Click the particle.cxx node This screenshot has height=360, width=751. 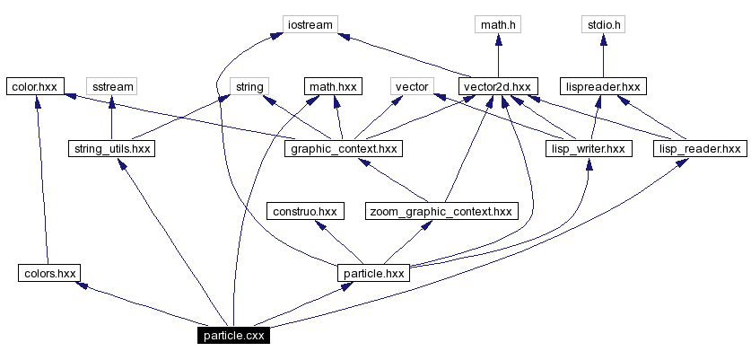coord(232,336)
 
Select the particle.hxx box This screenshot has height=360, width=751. coord(372,273)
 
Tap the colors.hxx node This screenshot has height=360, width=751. coord(48,273)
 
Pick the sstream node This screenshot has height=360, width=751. coord(111,86)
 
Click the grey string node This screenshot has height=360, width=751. coord(249,86)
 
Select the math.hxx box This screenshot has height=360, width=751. coord(332,86)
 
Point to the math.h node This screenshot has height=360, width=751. coord(498,24)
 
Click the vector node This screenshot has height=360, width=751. coord(412,86)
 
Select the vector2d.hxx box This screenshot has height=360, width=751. coord(498,86)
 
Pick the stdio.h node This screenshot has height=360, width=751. coord(602,24)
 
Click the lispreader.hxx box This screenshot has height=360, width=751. coord(602,86)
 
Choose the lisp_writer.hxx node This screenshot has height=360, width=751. coord(589,148)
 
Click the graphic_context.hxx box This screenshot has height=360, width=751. coord(343,148)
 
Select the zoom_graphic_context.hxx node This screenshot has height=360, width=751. coord(441,211)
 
